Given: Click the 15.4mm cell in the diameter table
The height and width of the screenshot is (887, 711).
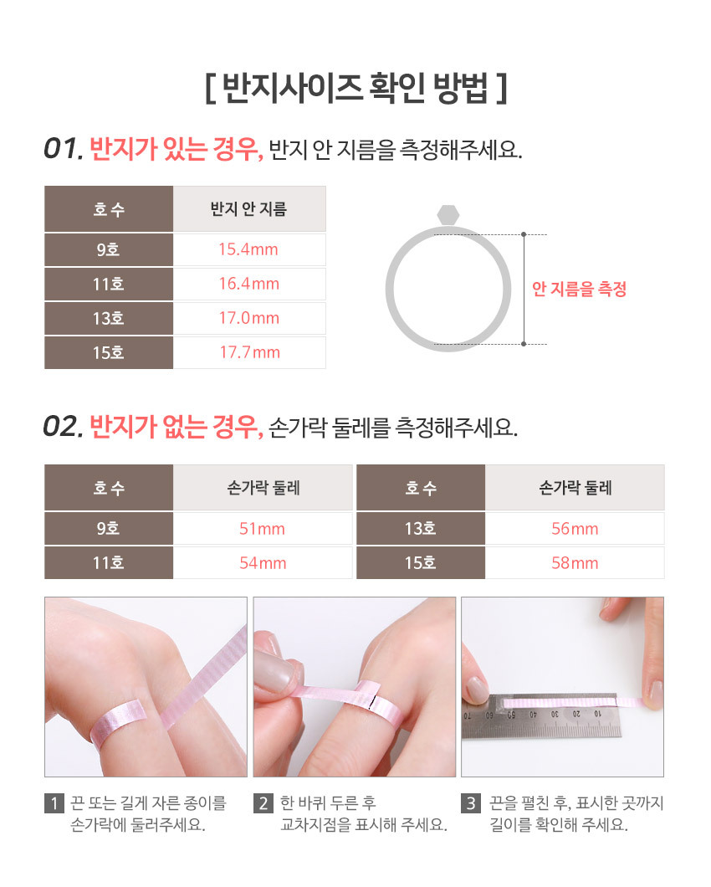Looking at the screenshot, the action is coord(248,249).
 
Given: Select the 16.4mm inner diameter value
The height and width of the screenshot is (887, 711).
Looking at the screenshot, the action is coord(249,284).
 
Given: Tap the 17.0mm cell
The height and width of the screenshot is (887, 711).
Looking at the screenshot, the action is coord(249,319).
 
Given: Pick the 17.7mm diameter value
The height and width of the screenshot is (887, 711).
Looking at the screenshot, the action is coord(249,352).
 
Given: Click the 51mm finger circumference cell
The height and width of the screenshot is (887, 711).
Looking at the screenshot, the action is coord(262,529).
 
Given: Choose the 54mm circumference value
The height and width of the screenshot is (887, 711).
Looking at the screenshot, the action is coord(263,563).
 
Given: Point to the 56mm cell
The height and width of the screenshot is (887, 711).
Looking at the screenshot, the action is coord(575,529).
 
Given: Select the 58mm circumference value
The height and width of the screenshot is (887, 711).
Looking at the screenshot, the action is coord(575,563).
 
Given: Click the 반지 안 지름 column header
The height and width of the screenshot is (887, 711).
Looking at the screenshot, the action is coord(249,209).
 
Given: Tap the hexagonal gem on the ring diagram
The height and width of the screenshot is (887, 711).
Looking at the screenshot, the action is coord(448,215).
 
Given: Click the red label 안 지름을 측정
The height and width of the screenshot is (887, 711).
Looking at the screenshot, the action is coord(579,289).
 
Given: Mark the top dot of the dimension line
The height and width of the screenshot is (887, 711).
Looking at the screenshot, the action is coord(524,234).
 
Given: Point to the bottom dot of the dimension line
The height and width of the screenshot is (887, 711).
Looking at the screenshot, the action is coord(524,344).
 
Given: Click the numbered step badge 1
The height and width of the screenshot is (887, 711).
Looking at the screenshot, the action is coord(54,803).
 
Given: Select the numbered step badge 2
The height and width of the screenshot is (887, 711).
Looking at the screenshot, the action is coord(263,803).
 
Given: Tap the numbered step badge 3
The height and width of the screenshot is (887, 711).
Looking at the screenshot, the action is coord(471,803).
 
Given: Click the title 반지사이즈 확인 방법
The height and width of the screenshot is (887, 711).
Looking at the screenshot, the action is coord(355,88).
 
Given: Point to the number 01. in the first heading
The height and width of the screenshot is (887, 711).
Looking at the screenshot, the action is coord(64,149).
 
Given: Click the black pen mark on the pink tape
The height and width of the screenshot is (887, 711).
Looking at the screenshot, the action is coord(372,701).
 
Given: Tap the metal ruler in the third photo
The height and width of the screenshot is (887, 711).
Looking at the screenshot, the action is coord(541,715).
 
